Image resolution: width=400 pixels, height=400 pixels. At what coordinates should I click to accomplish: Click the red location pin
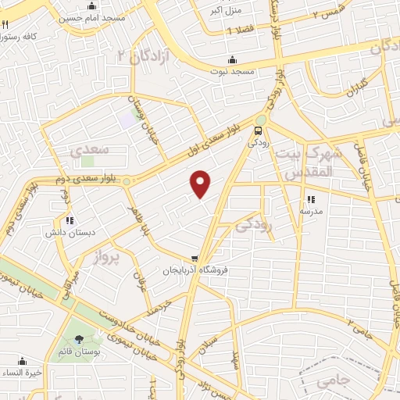click(x=202, y=183)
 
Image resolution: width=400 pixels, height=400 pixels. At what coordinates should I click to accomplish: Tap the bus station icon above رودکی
click(x=259, y=130)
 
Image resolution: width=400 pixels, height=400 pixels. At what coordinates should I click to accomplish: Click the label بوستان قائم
click(x=77, y=351)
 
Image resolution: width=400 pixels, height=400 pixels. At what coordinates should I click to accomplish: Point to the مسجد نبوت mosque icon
click(x=232, y=60)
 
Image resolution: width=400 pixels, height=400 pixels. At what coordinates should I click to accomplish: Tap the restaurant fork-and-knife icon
click(x=5, y=24)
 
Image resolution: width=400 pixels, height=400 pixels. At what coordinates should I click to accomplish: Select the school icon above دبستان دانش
click(x=70, y=220)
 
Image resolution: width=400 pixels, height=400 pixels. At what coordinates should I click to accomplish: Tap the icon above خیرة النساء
click(x=23, y=361)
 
